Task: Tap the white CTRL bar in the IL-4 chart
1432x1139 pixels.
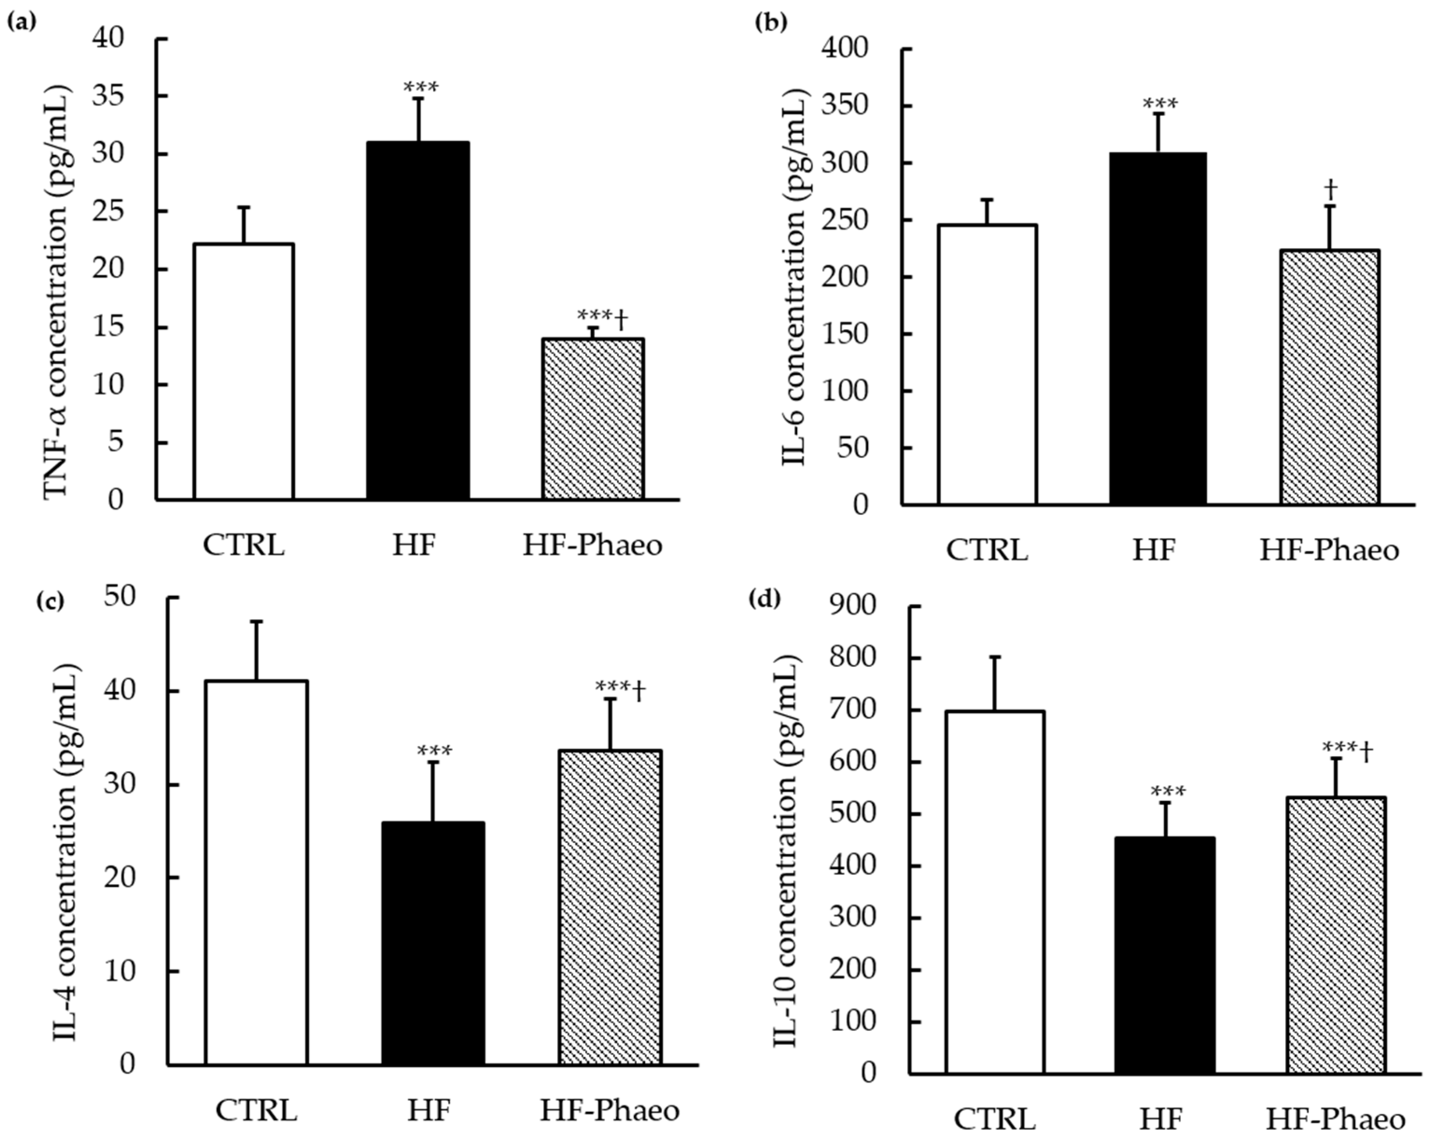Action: (x=256, y=873)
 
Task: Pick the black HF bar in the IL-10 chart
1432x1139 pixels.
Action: (x=1165, y=955)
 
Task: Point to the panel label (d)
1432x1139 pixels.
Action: (x=764, y=599)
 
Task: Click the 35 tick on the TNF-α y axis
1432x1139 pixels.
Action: (x=108, y=96)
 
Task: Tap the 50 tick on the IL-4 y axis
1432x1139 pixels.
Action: (x=119, y=596)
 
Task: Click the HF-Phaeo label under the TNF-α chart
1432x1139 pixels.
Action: (x=593, y=545)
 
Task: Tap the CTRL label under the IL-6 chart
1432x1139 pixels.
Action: (x=986, y=550)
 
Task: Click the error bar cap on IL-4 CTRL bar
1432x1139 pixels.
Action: (x=256, y=621)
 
